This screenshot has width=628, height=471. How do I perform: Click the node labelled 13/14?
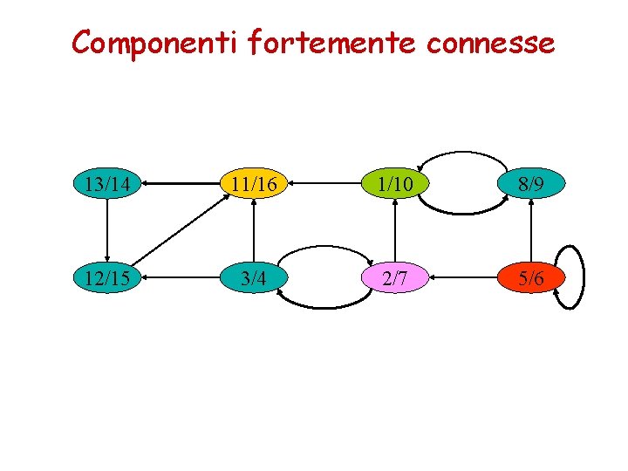pos(106,184)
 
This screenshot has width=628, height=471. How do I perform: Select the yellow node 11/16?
pos(253,184)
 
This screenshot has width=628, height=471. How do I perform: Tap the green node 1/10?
pos(394,184)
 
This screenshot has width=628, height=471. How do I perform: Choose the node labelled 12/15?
pos(106,278)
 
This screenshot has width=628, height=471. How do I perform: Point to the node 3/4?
pos(253,278)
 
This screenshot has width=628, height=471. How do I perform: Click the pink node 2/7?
pos(394,278)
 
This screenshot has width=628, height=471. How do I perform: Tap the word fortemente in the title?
pos(332,42)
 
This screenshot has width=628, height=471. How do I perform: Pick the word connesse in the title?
pos(492,42)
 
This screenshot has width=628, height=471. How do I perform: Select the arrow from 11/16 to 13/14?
pos(180,184)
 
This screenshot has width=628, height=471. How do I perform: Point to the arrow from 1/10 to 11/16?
pos(324,184)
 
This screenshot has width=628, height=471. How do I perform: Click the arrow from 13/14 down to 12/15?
pos(106,231)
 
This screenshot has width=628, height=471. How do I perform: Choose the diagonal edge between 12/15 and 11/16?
pos(180,231)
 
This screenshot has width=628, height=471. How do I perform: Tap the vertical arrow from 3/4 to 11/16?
pos(253,231)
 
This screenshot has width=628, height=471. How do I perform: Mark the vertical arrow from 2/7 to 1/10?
pos(394,231)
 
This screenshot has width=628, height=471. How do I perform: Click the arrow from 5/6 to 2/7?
pos(462,278)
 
